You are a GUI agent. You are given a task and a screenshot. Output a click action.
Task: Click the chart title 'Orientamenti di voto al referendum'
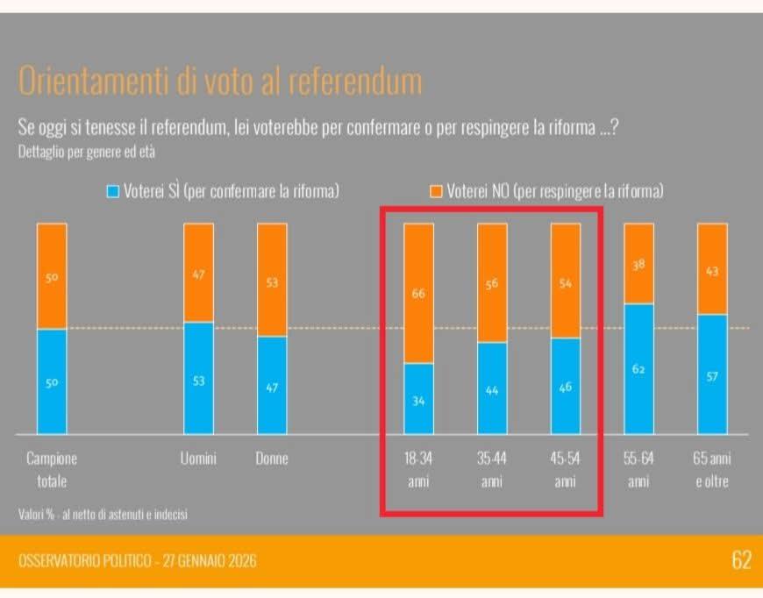(x=219, y=81)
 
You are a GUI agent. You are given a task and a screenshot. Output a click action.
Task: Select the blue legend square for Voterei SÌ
(x=111, y=191)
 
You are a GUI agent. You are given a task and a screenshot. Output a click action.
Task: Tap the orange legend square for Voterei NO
(x=436, y=191)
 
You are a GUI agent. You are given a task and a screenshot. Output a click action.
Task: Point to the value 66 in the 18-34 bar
(x=418, y=294)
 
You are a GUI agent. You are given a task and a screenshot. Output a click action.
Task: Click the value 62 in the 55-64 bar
(x=638, y=369)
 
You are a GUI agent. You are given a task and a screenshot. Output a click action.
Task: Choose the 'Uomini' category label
(x=199, y=459)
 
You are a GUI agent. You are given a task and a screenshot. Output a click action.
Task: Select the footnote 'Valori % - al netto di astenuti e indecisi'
(x=103, y=515)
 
